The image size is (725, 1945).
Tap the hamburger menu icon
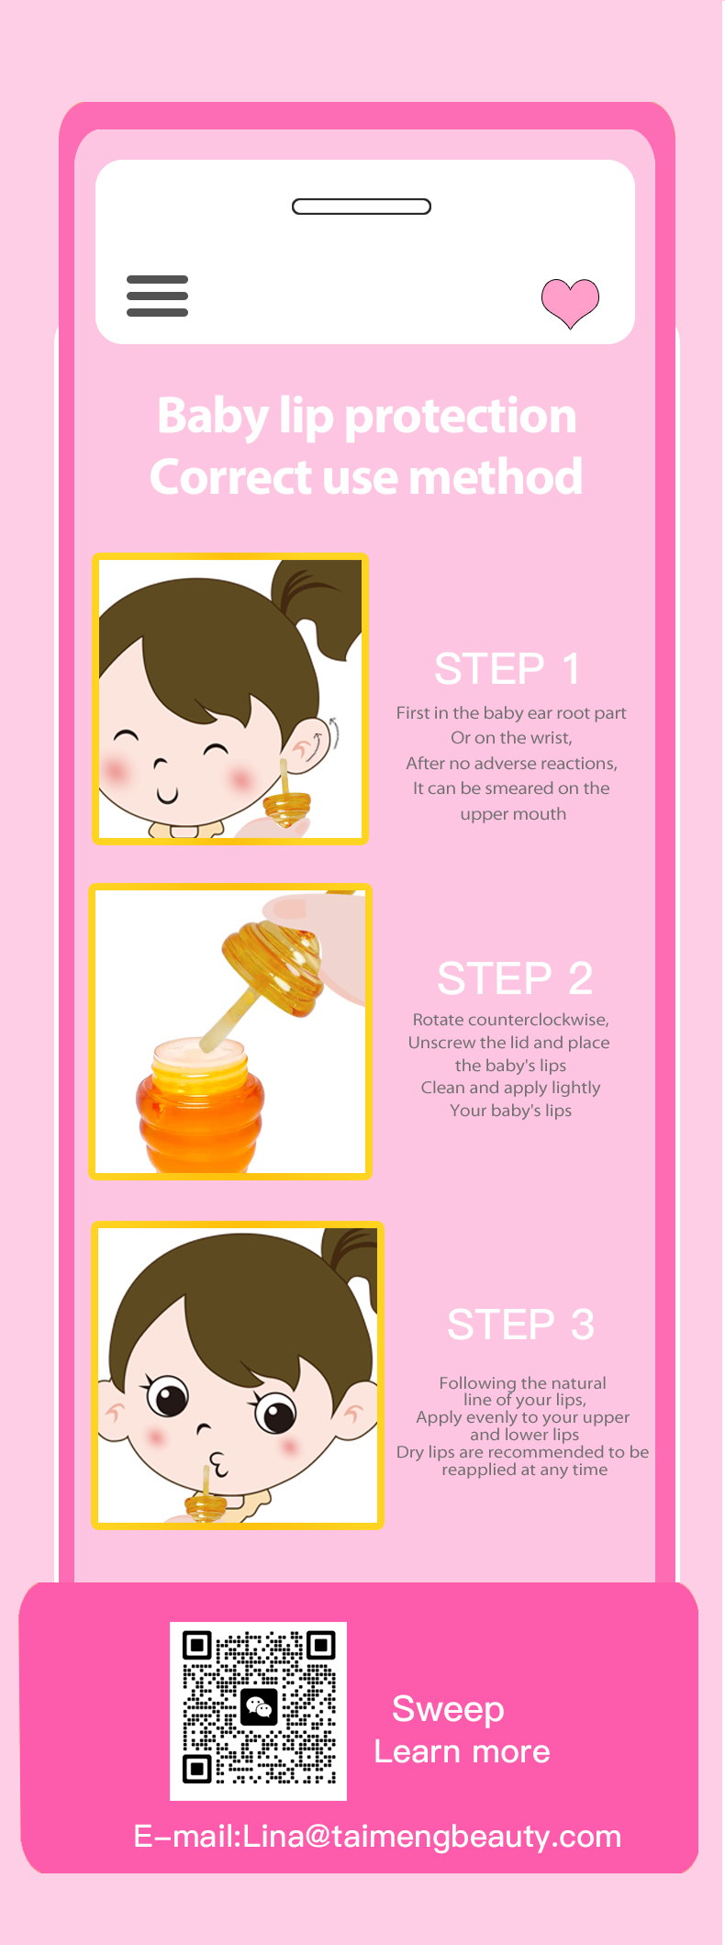coord(157,296)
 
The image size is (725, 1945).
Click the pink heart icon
coord(570,302)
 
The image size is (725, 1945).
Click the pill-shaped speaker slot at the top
coord(362,207)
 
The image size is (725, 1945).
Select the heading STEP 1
coord(507,668)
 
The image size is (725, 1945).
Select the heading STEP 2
coord(515,978)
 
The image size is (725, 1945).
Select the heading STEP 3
coord(520,1325)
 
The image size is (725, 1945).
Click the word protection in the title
coord(461,417)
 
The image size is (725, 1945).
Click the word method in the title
coord(496,476)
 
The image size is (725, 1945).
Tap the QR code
coord(259,1711)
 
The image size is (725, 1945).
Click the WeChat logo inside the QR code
coord(259,1707)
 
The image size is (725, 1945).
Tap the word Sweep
coord(448,1710)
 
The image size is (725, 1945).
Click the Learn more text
coord(462,1751)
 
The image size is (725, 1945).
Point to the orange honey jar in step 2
coord(199,1107)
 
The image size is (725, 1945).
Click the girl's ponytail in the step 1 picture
coord(318,606)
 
